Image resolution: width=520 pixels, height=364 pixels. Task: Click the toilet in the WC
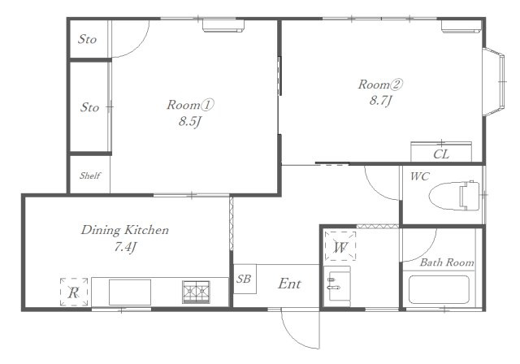[x=454, y=196]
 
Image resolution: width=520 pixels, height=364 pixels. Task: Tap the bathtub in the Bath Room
[x=439, y=289]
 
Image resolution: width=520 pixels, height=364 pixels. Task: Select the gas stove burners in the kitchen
[x=196, y=292]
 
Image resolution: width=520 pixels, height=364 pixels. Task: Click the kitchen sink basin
[x=130, y=292]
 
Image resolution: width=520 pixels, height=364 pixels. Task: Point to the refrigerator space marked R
[x=74, y=292]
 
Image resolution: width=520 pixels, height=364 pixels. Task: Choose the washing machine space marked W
[x=340, y=246]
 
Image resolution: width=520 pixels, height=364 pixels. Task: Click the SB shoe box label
[x=244, y=279]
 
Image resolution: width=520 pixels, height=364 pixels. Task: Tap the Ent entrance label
[x=289, y=284]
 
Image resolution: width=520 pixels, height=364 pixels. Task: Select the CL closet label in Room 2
[x=441, y=154]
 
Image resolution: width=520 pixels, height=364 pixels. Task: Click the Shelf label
[x=90, y=175]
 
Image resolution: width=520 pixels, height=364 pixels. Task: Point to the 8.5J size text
[x=190, y=122]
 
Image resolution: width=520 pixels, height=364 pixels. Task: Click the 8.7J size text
[x=381, y=100]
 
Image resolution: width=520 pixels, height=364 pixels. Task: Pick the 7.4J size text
[x=125, y=247]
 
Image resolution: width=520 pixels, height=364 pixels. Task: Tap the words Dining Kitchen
[x=125, y=230]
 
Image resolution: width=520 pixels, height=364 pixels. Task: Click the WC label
[x=420, y=176]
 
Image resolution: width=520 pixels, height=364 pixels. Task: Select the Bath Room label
[x=447, y=262]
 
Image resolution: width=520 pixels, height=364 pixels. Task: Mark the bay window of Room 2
[x=494, y=81]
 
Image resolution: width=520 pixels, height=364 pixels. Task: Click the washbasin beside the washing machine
[x=337, y=286]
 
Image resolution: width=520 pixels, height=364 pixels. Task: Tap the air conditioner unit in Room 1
[x=223, y=26]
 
